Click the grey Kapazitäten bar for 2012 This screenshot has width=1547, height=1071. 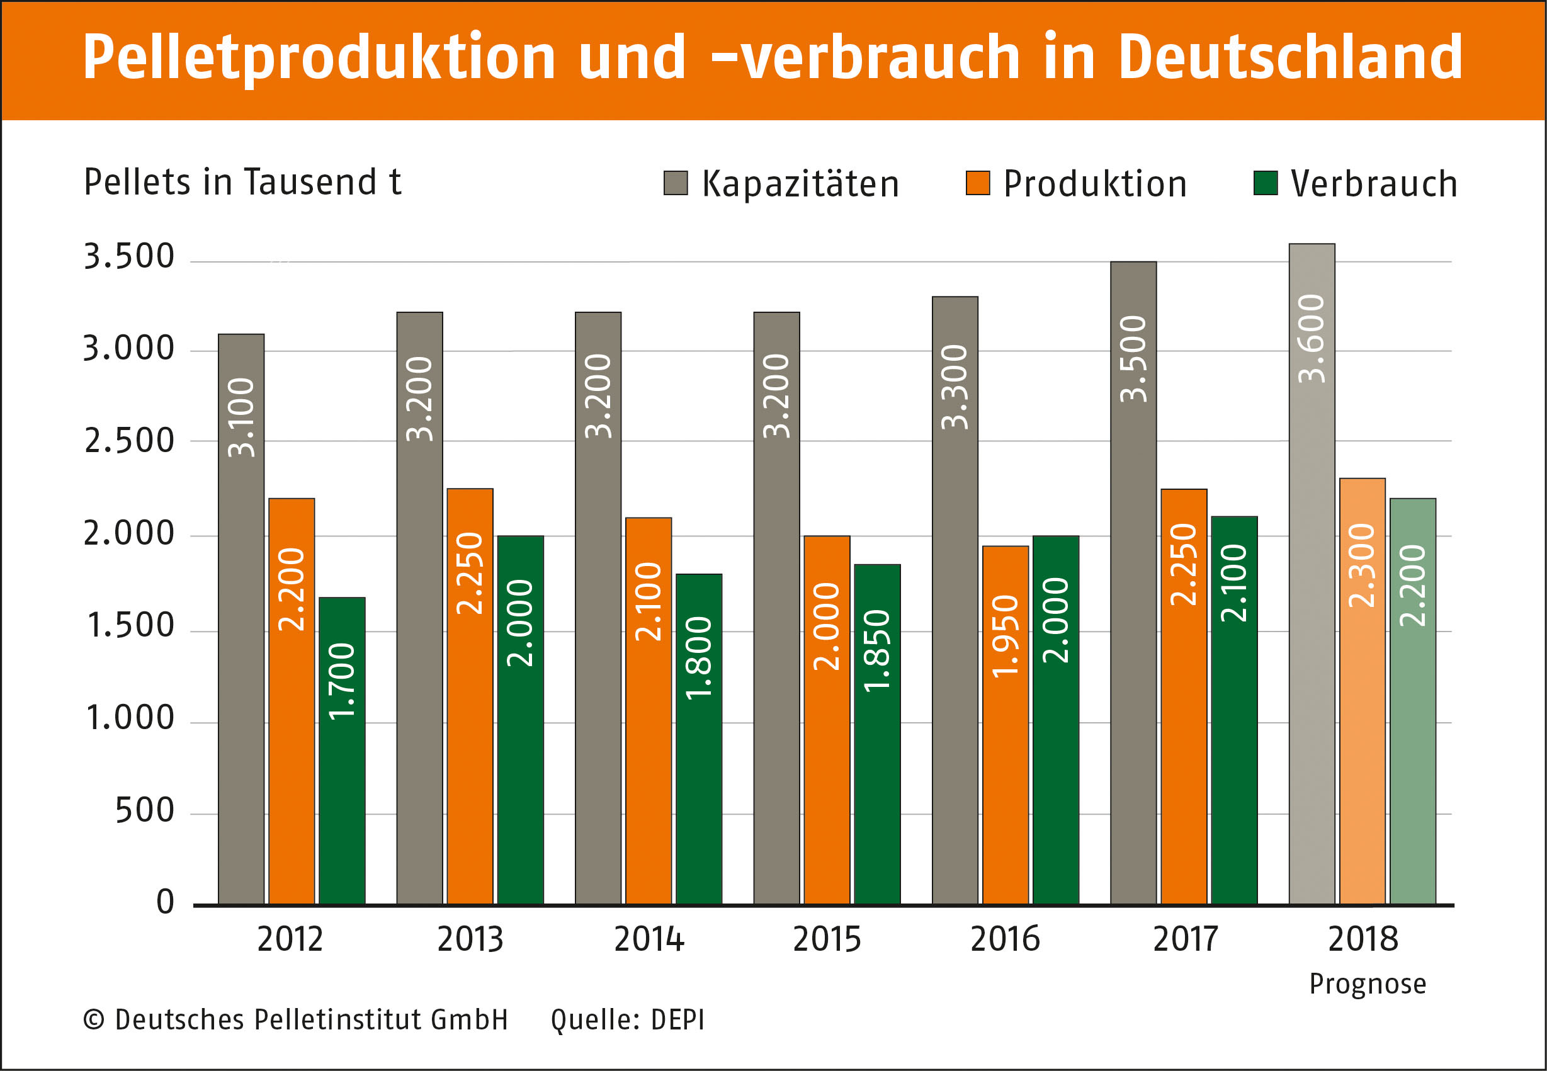click(241, 618)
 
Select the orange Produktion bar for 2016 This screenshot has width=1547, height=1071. click(1005, 725)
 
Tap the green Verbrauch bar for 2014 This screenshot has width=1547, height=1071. click(698, 738)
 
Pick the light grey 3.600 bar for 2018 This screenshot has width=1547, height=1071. click(1312, 570)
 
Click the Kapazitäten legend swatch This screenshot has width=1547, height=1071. click(675, 183)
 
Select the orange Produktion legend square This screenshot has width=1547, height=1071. click(977, 183)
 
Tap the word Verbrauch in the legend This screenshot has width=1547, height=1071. click(1374, 184)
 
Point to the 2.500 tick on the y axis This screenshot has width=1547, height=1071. click(129, 441)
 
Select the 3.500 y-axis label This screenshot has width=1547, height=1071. click(129, 256)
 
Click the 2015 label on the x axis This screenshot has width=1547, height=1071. click(827, 939)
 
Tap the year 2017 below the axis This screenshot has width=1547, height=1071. click(1185, 939)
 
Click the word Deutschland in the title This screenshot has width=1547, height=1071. click(1289, 58)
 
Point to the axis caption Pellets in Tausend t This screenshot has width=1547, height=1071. click(242, 182)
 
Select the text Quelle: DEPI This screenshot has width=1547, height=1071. click(627, 1020)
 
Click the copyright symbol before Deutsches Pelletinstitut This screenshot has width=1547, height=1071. click(93, 1020)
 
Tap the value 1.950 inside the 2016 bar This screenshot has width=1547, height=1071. click(1005, 636)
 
